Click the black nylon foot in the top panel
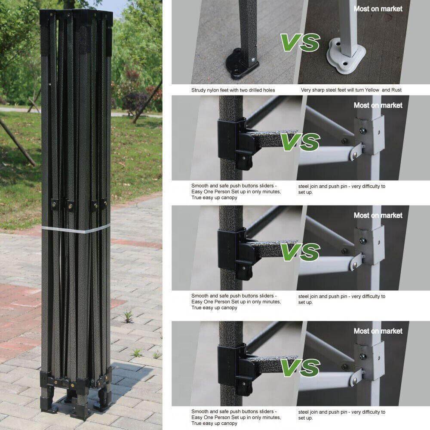coord(241,64)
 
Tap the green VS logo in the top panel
coord(300,43)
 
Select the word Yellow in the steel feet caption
coord(372,90)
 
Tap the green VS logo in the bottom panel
coord(300,368)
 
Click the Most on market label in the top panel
coord(378,9)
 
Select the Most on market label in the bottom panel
coord(378,331)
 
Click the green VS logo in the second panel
coord(300,142)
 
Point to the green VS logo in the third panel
coord(300,252)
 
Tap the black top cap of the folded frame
coord(76,18)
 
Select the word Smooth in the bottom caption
coord(200,412)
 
